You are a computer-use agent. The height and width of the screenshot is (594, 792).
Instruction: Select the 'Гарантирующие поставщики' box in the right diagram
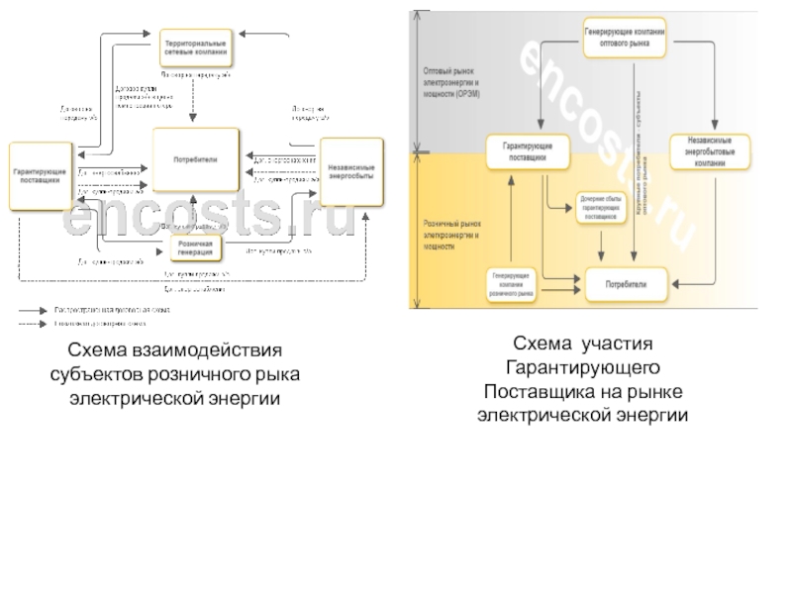pos(526,150)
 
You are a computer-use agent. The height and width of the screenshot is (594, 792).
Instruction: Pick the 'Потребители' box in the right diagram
pos(626,284)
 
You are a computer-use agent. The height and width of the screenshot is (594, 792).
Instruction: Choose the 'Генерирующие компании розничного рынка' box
pos(518,285)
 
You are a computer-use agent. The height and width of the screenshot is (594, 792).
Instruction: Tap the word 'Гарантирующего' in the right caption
pos(581,368)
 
